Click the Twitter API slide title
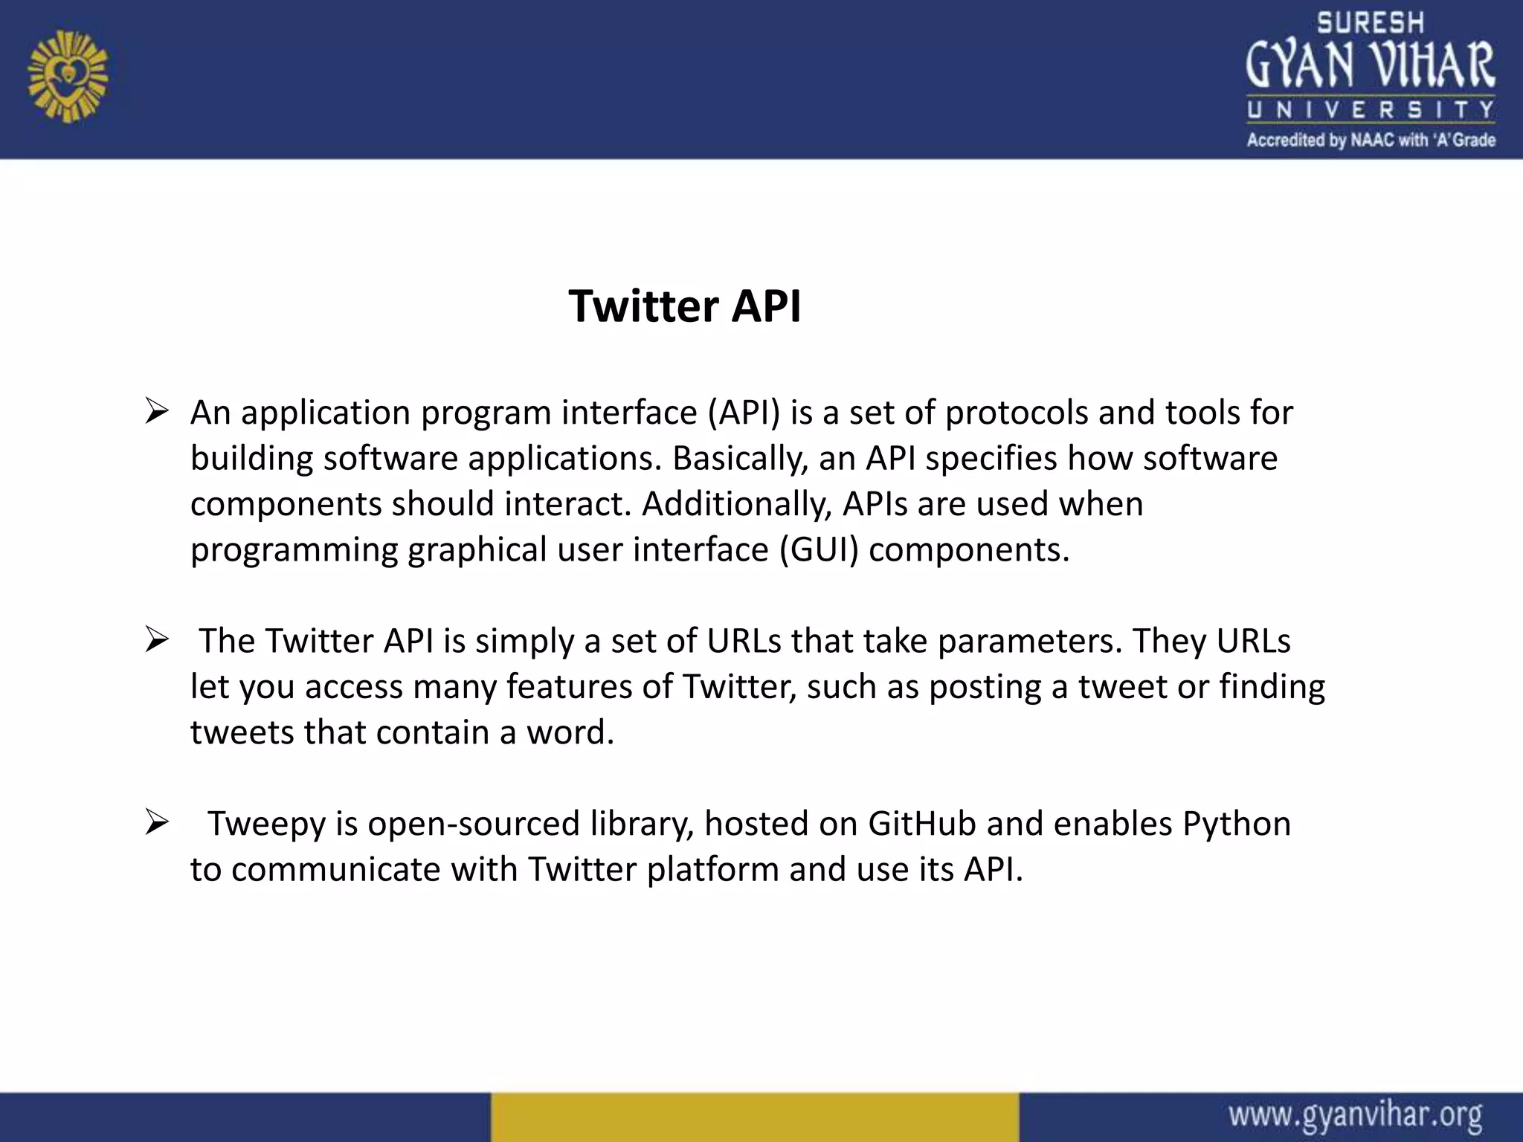[x=684, y=306]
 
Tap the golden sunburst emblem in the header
[x=68, y=76]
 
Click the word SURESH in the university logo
[x=1370, y=23]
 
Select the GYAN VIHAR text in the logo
[x=1370, y=65]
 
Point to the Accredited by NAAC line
[x=1371, y=140]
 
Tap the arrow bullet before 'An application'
[x=157, y=411]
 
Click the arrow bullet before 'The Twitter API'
[x=157, y=639]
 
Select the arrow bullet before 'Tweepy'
[x=157, y=822]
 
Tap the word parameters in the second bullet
[x=1030, y=641]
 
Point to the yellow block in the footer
[x=754, y=1117]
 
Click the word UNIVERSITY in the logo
[x=1370, y=111]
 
